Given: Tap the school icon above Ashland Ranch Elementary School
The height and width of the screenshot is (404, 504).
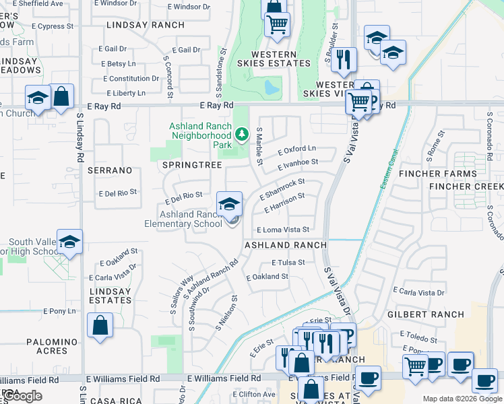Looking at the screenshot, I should click(x=230, y=204).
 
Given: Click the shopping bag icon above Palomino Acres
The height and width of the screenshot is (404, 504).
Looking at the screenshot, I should click(x=100, y=325).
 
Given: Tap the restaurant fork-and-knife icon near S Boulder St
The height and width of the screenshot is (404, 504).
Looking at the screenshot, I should click(x=345, y=59).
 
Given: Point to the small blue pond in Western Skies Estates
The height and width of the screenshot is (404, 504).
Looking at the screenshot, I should click(x=272, y=88).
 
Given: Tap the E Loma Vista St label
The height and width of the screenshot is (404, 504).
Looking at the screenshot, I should click(x=282, y=230).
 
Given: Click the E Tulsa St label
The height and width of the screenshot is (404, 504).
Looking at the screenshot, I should click(x=288, y=263).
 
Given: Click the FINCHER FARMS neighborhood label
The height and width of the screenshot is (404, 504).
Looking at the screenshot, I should click(x=462, y=174).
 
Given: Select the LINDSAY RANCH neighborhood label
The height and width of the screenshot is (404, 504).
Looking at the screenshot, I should click(x=145, y=25).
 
